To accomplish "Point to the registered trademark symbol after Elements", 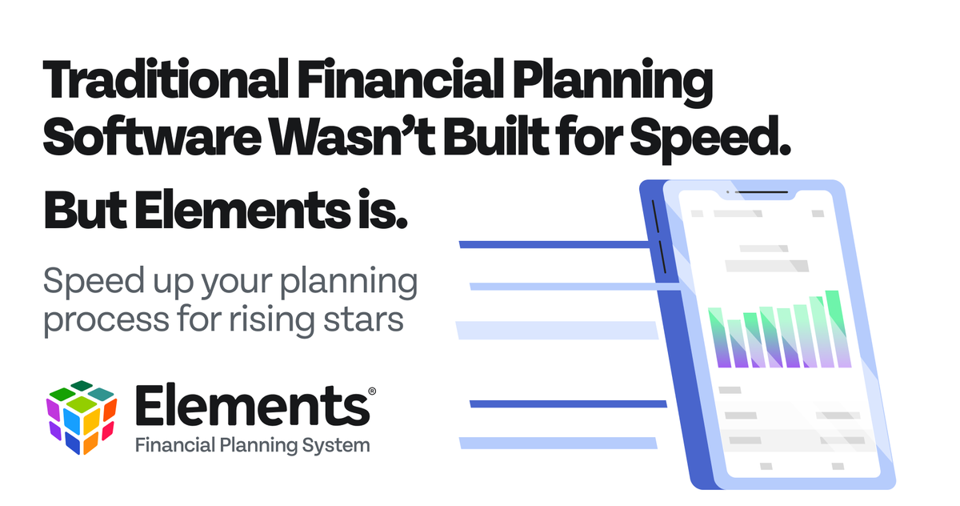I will click(371, 391).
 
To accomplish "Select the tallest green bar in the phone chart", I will click(834, 328).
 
